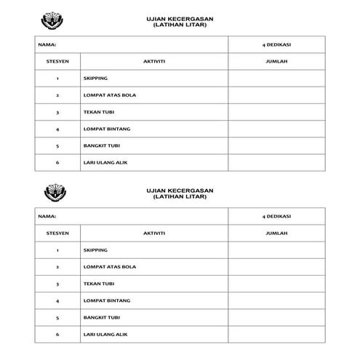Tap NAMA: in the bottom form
tap(47, 217)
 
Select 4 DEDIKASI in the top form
tap(276, 44)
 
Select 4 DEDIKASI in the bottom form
tap(276, 217)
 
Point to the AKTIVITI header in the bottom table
tap(154, 233)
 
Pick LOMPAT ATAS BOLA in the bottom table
tap(110, 267)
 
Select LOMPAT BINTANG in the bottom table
tap(107, 300)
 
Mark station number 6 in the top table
tap(57, 162)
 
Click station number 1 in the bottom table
tap(57, 250)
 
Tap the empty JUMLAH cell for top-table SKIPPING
tap(276, 79)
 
